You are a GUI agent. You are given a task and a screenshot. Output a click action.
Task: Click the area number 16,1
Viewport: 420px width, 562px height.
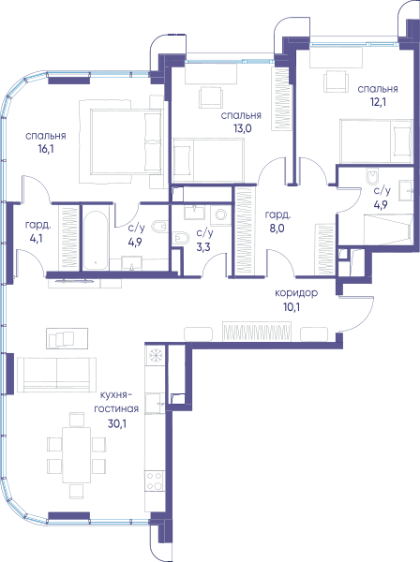click(46, 149)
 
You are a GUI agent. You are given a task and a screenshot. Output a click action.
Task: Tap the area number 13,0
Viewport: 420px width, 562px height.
click(243, 128)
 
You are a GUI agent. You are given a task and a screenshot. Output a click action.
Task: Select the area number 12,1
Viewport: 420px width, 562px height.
click(378, 102)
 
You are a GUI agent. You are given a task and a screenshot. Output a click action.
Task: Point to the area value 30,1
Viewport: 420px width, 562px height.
click(117, 424)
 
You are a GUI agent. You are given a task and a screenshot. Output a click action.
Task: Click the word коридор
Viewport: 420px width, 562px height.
click(296, 293)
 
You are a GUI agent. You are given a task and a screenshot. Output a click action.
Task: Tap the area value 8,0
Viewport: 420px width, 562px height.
click(277, 228)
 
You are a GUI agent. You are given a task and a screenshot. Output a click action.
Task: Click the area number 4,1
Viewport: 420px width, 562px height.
click(37, 238)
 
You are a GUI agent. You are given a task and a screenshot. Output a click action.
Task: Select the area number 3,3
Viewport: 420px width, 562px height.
click(203, 247)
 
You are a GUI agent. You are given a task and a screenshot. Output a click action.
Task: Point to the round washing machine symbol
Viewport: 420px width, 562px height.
click(221, 215)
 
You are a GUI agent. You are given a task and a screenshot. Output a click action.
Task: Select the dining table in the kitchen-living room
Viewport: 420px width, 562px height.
click(76, 455)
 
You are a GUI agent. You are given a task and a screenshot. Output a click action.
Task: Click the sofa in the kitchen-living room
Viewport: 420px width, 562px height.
click(56, 374)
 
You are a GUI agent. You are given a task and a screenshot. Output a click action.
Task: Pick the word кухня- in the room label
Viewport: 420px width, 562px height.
click(114, 395)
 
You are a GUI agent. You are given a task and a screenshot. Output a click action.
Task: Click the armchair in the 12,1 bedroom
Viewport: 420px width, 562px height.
click(336, 81)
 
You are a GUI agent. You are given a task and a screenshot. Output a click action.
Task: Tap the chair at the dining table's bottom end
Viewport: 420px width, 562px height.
click(76, 492)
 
